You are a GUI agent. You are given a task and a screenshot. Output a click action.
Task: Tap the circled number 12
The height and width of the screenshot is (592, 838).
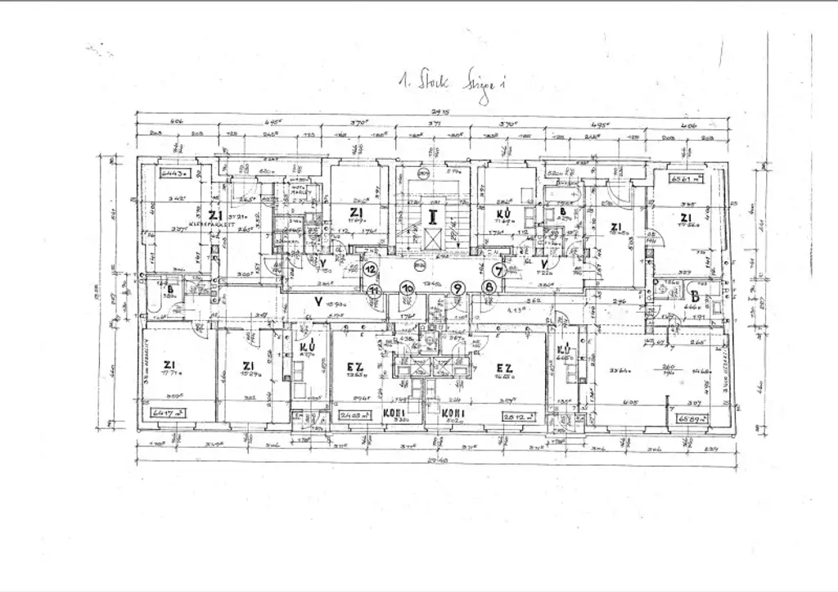pos(370,269)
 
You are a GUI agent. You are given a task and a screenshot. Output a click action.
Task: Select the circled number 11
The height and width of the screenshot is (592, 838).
pos(375,290)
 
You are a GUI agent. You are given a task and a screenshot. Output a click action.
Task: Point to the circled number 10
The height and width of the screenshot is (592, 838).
pos(407,287)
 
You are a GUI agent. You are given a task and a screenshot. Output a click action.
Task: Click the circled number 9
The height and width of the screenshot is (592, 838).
pos(457,287)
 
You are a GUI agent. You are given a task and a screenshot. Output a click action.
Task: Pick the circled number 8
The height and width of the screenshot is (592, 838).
pos(489,287)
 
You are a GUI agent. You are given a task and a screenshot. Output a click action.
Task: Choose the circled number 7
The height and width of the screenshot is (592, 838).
pos(498,269)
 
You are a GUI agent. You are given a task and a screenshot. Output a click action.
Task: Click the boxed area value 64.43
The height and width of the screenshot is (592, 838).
pos(175,173)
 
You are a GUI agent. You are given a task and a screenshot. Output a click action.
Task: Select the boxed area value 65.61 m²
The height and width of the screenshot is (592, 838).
pos(686,178)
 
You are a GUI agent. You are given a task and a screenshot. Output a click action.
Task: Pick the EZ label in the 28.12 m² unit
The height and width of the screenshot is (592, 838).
pos(504,368)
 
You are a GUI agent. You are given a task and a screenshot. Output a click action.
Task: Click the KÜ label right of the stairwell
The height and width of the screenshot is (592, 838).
pos(505,215)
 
